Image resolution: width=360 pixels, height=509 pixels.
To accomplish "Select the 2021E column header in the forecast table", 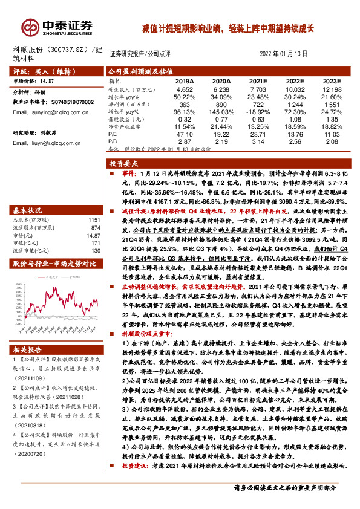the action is click(258, 80).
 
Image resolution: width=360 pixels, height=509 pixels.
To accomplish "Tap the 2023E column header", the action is click(331, 80).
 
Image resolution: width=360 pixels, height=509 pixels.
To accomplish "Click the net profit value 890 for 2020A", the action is click(221, 105).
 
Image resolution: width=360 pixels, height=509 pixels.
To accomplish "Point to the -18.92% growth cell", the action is click(258, 112).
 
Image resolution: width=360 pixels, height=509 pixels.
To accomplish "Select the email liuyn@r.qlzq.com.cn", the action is click(43, 145).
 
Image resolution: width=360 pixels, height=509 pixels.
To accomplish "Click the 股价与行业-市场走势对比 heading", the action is click(55, 264).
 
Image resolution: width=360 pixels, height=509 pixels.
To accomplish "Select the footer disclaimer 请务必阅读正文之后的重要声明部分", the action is click(293, 504).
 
